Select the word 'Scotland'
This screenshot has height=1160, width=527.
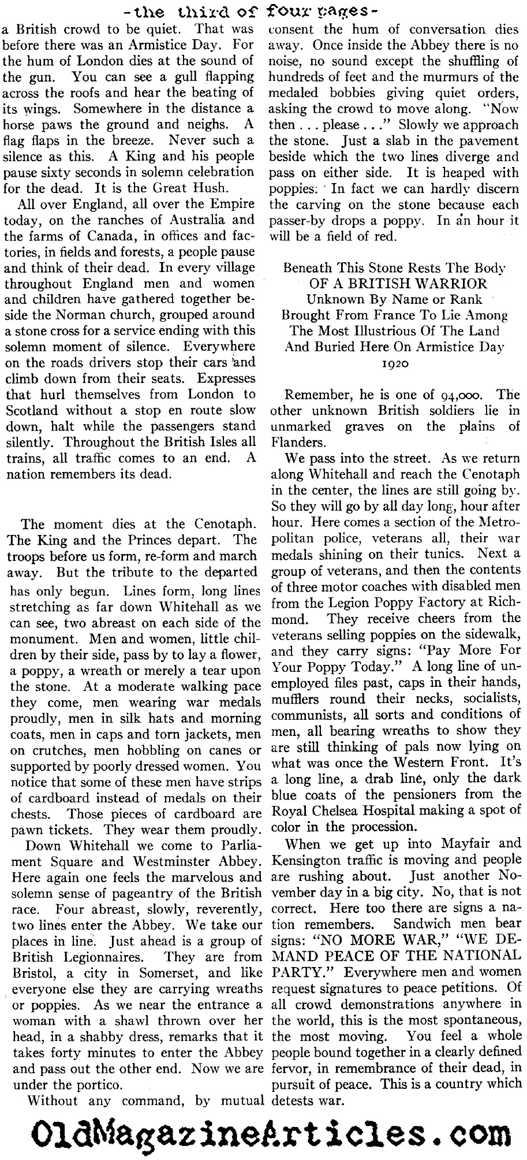[31, 410]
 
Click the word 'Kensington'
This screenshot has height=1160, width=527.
[305, 860]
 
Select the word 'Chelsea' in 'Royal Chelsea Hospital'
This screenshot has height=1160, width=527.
[350, 810]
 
